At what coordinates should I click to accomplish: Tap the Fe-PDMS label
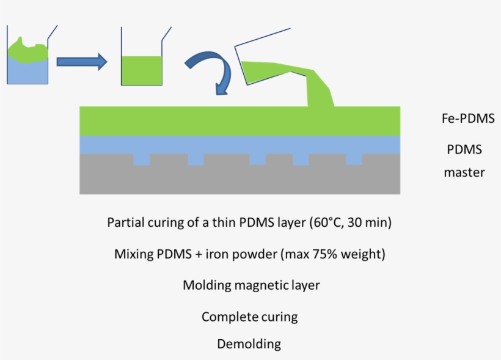click(467, 119)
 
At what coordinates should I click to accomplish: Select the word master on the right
click(464, 172)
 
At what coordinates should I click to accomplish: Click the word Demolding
click(249, 344)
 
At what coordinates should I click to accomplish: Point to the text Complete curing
click(249, 317)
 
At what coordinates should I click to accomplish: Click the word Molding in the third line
click(203, 285)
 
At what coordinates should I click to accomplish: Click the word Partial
click(126, 222)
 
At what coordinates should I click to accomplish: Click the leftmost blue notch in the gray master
click(141, 159)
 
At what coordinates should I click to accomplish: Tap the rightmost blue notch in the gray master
click(354, 159)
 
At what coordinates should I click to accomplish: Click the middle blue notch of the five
click(257, 159)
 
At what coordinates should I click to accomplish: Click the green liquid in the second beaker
click(142, 70)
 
